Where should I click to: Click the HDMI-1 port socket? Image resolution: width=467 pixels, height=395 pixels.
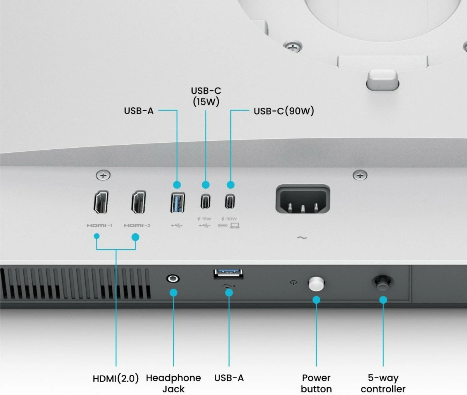point(101,202)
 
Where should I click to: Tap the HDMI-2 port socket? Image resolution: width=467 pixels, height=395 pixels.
point(139,202)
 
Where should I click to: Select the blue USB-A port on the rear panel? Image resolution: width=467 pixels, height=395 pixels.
point(177,203)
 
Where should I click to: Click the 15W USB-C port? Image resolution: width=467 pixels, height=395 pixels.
point(205,201)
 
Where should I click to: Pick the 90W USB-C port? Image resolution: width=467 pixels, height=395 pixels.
point(230,201)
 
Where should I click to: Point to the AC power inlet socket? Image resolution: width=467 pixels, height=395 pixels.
point(303,199)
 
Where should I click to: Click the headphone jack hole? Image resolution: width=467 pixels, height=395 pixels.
point(173,278)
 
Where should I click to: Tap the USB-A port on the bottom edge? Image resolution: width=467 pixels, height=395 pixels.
point(228,274)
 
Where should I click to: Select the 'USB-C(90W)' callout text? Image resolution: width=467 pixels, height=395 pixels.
point(284,111)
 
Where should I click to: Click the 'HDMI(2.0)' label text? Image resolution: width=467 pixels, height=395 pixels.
point(116,379)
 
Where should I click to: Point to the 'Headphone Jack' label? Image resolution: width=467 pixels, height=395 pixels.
point(174,383)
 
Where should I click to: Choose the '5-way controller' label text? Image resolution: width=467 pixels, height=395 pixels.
point(383,383)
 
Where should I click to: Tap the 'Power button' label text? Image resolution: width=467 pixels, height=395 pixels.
point(316,383)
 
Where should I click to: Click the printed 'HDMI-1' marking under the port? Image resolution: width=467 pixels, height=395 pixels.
point(99,225)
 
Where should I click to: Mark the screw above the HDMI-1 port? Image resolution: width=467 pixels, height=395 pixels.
point(103,175)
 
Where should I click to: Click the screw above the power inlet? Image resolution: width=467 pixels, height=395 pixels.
point(360,175)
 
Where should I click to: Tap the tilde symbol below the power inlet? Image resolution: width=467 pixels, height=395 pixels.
point(302,238)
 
